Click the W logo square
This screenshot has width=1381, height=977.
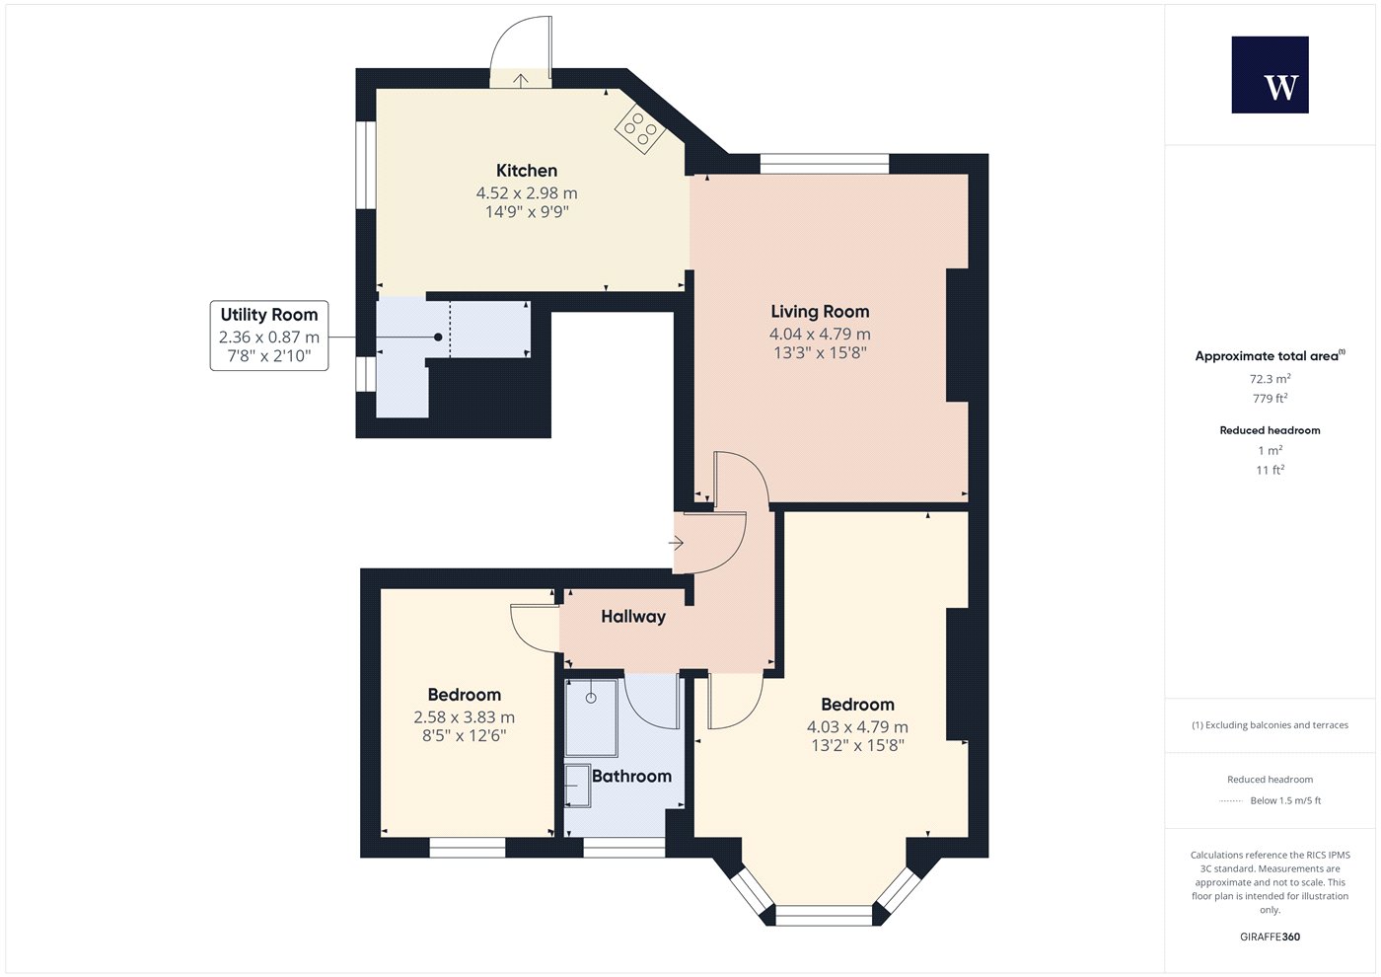(1270, 75)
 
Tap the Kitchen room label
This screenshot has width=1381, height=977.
(527, 170)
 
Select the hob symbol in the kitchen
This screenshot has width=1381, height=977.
(639, 129)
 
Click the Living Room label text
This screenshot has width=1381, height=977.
(820, 312)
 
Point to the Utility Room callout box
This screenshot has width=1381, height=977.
(268, 336)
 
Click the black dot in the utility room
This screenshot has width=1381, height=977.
(438, 337)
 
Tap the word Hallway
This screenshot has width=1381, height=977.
(633, 616)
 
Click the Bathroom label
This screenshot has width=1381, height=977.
(631, 776)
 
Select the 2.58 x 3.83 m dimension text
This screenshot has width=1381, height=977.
(464, 716)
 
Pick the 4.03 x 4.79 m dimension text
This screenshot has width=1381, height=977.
(857, 726)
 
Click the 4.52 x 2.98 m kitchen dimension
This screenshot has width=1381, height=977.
(527, 193)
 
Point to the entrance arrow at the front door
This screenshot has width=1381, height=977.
(676, 543)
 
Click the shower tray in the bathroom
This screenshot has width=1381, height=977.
(591, 717)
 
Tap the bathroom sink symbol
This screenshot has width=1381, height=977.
(578, 786)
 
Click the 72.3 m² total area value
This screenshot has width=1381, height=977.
(1270, 379)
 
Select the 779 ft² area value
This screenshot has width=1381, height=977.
(1270, 399)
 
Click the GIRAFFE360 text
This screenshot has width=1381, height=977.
(1270, 937)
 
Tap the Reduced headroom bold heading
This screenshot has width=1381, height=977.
(1270, 430)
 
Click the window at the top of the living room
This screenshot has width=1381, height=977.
(825, 164)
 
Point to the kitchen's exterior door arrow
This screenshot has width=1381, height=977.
(521, 81)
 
